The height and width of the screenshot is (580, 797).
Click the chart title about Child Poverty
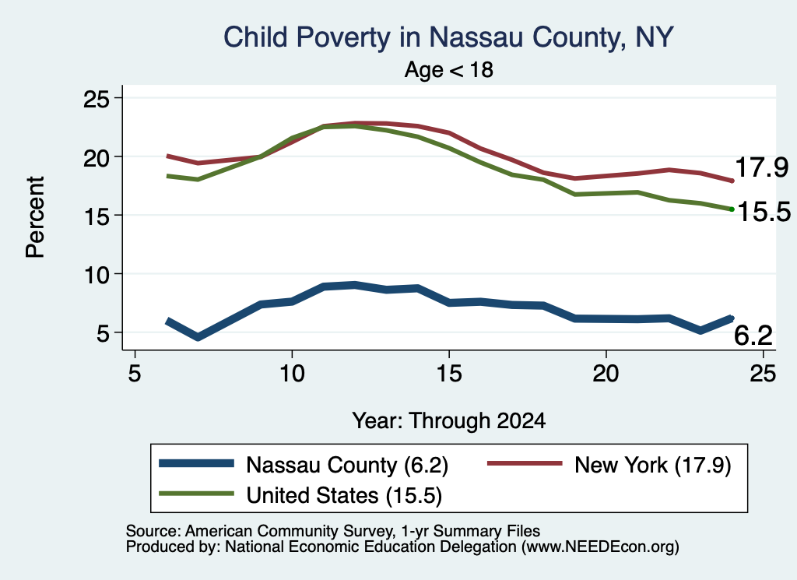point(448,37)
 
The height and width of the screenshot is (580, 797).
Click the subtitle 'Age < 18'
point(449,69)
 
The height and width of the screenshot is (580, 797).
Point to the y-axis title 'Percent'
point(35,217)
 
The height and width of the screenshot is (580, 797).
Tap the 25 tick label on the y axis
point(96,99)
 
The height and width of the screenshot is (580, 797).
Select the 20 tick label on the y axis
point(96,157)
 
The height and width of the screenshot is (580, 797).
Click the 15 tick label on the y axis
point(96,216)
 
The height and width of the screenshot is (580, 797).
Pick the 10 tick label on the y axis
point(96,275)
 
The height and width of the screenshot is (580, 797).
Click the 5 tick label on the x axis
point(134,374)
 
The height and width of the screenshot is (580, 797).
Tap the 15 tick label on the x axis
point(449,374)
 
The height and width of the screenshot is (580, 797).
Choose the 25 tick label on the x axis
point(763,374)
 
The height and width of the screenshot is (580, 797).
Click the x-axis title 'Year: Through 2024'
point(449,421)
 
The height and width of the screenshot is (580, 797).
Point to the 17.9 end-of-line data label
point(761,167)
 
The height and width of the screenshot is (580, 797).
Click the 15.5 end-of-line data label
point(764,211)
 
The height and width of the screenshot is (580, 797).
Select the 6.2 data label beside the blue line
point(753,336)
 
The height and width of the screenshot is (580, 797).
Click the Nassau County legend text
point(347,465)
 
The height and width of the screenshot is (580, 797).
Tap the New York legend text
point(653,465)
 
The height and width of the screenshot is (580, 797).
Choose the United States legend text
point(344,495)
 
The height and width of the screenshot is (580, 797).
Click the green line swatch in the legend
point(196,494)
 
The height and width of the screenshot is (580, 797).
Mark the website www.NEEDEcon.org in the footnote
point(599,547)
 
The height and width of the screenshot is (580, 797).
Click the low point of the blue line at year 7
point(198,337)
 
